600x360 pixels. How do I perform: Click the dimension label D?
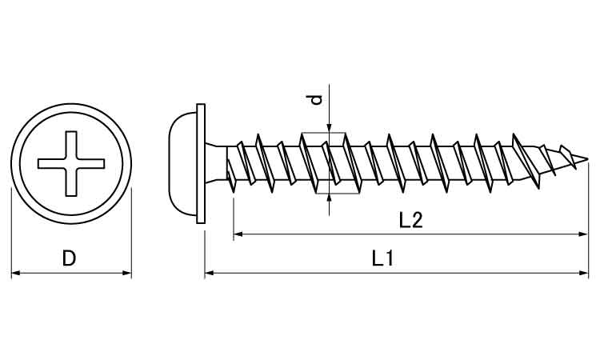pyautogui.click(x=70, y=258)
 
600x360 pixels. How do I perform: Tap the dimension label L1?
pyautogui.click(x=382, y=258)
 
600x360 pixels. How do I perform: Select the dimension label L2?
pyautogui.click(x=410, y=220)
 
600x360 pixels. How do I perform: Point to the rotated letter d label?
pyautogui.click(x=316, y=100)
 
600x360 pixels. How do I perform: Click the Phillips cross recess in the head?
pyautogui.click(x=71, y=164)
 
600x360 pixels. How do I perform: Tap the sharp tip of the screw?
pyautogui.click(x=587, y=159)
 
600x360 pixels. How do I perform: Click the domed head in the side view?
pyautogui.click(x=182, y=164)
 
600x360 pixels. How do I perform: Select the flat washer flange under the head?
pyautogui.click(x=201, y=164)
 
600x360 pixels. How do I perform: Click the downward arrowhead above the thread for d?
pyautogui.click(x=329, y=129)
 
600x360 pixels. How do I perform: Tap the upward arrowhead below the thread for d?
pyautogui.click(x=329, y=198)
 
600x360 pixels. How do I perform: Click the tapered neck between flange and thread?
pyautogui.click(x=216, y=163)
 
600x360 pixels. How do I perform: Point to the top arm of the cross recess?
pyautogui.click(x=71, y=145)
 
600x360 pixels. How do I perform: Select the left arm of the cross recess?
pyautogui.click(x=52, y=164)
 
